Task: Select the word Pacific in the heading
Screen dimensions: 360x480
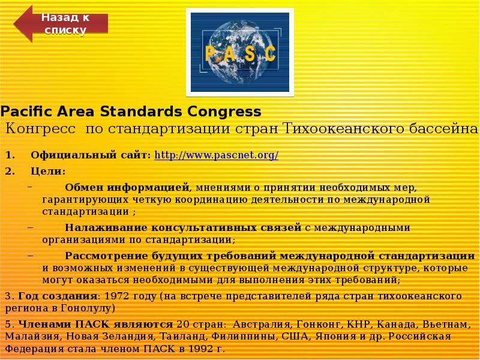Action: pyautogui.click(x=25, y=112)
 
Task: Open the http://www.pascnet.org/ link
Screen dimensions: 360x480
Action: pyautogui.click(x=217, y=155)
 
